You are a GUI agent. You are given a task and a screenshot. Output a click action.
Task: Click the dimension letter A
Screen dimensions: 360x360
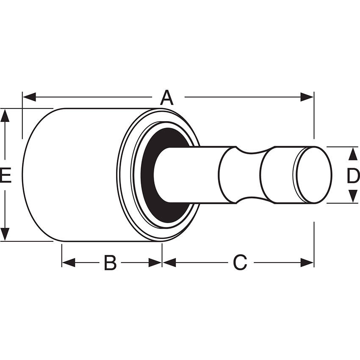point(167,97)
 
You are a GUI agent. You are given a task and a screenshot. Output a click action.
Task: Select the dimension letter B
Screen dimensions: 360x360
point(110,262)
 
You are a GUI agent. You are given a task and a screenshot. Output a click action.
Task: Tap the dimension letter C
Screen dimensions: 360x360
point(240,262)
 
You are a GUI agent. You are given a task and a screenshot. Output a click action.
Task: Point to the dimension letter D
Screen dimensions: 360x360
point(353,176)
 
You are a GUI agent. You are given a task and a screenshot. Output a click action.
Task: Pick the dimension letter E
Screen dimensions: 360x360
point(6,176)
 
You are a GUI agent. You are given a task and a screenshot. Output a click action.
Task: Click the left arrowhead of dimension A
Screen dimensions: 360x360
point(30,97)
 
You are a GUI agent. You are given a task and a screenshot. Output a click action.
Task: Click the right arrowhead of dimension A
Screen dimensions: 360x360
point(307,97)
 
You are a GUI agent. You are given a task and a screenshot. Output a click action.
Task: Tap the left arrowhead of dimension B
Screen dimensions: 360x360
point(69,263)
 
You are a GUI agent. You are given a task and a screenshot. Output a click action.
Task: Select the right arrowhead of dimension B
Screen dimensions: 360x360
point(155,263)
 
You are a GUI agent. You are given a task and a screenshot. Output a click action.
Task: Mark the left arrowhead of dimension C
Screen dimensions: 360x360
point(169,263)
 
